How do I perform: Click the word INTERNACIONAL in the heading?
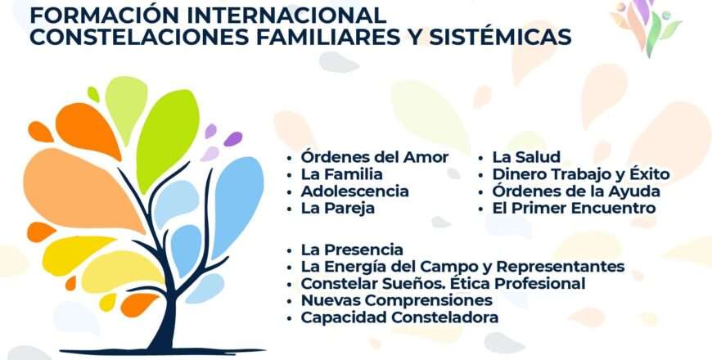point(286,16)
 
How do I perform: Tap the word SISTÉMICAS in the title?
point(500,37)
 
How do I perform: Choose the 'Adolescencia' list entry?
point(354,191)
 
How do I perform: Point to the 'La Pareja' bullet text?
point(337,209)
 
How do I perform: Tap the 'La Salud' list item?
point(526,157)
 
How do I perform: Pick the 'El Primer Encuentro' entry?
point(574,209)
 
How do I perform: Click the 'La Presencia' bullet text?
point(352,250)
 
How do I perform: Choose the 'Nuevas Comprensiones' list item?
point(396,301)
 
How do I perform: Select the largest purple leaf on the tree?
point(233,139)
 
